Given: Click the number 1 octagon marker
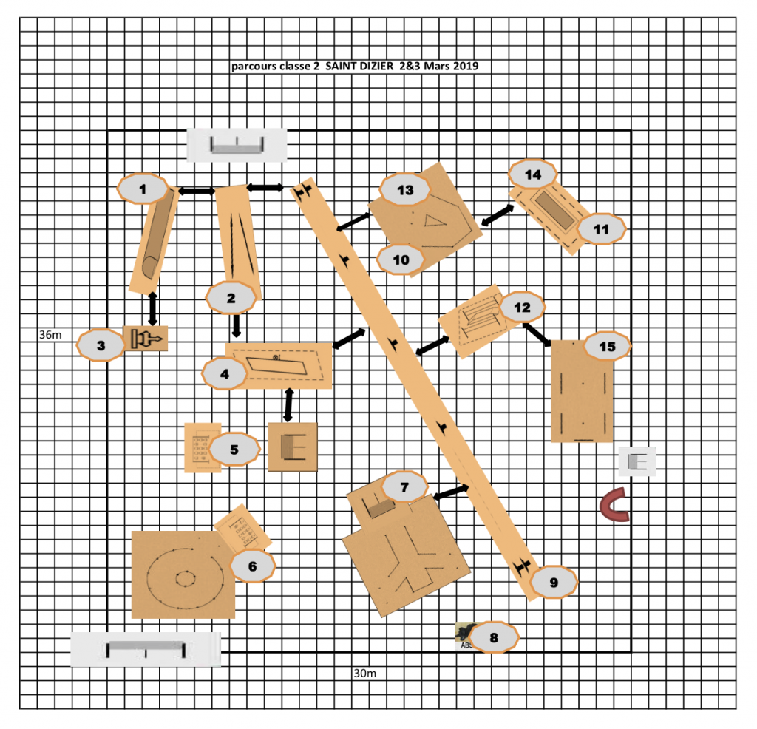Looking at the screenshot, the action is [143, 189].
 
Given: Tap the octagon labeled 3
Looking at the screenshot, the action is [101, 345].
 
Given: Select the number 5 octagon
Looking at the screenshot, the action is [234, 450].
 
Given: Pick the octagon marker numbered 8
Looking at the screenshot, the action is [493, 638].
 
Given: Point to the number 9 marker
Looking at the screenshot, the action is [554, 583].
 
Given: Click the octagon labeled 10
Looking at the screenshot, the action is [401, 260].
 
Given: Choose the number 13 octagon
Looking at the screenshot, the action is [405, 190].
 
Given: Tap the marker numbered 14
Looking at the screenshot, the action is [533, 174].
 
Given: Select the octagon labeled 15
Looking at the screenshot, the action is [608, 346].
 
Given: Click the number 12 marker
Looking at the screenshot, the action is [523, 307].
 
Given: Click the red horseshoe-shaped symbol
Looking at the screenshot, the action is [614, 505].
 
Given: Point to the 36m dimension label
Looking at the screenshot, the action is [50, 335].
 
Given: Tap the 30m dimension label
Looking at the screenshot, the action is [365, 673].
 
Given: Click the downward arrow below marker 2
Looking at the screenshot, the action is [236, 325].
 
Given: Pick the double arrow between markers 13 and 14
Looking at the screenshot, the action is [498, 215].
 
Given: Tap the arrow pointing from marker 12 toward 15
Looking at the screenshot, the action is [537, 335].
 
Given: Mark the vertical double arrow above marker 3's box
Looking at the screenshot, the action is [152, 308].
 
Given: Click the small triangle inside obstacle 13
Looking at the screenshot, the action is [434, 220].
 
